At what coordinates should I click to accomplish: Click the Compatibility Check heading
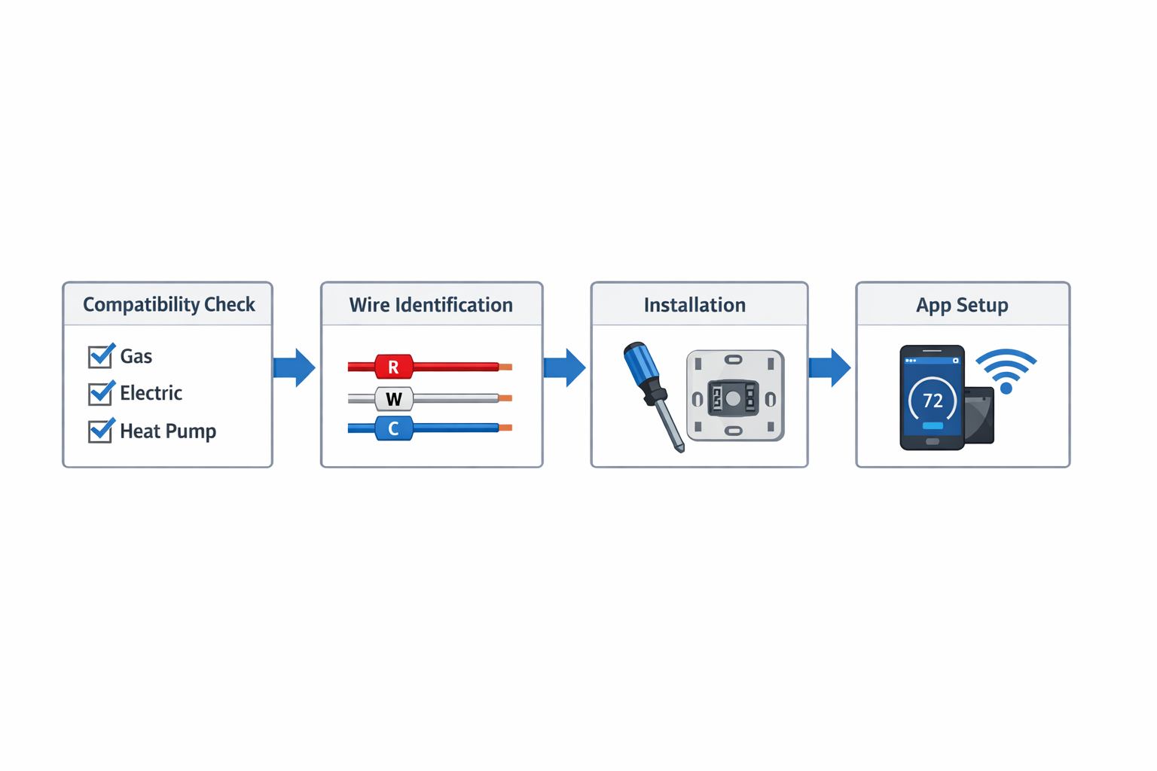pos(169,304)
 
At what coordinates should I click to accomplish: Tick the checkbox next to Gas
pos(100,356)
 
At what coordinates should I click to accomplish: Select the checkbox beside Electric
pos(100,393)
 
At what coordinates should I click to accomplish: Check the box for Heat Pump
pos(100,431)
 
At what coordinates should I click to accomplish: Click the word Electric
pos(151,393)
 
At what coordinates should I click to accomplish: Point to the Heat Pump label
pos(168,431)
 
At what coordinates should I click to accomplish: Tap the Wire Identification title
pos(431,305)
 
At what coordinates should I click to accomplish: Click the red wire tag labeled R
pos(393,367)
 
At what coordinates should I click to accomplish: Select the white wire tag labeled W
pos(393,398)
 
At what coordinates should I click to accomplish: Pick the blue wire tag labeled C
pos(393,428)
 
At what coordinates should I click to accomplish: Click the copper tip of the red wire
pos(505,367)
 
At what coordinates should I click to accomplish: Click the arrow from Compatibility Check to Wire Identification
pos(295,367)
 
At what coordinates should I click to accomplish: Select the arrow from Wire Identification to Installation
pos(565,367)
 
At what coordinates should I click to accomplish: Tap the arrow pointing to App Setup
pos(830,367)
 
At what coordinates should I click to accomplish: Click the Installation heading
pos(695,305)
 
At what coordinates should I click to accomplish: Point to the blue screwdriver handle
pos(641,364)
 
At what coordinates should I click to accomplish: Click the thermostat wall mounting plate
pos(735,396)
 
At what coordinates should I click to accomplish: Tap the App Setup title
pos(962,305)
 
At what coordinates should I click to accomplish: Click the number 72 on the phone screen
pos(933,401)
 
